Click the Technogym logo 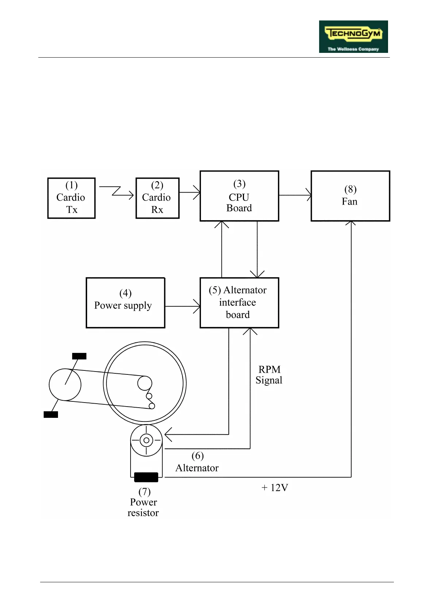[353, 36]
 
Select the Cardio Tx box [71, 198]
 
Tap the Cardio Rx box [157, 198]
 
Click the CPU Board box [239, 196]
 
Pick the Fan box [350, 196]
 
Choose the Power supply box [125, 303]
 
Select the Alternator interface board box [239, 303]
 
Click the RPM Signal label [269, 375]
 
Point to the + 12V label [275, 487]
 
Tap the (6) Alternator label [197, 462]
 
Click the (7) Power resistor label [143, 502]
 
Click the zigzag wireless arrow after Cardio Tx [116, 191]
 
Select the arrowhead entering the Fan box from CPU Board [309, 195]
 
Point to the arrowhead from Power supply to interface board [197, 306]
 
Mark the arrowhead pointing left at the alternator [168, 435]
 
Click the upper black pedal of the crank [79, 356]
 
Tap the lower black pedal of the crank [51, 415]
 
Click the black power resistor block [146, 477]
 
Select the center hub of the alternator [146, 440]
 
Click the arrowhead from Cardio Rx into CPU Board [197, 192]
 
